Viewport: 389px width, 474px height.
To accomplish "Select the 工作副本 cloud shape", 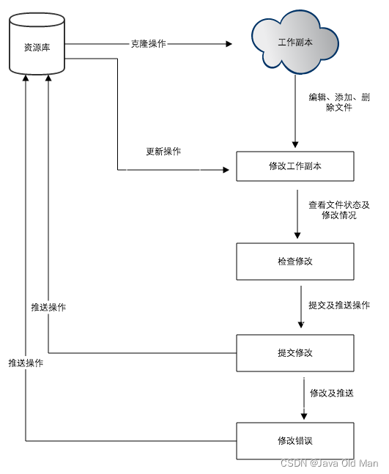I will tap(295, 45).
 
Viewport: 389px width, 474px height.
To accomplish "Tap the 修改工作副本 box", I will tap(295, 166).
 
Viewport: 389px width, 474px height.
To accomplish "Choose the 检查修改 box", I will tap(295, 262).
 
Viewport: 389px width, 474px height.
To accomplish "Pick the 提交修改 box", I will tap(295, 352).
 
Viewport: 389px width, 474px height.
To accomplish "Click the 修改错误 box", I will tap(295, 440).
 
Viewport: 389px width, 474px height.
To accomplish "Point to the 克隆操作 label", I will tap(148, 44).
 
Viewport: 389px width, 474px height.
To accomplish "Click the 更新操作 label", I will tap(163, 152).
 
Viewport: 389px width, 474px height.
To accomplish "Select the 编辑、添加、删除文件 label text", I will tap(338, 103).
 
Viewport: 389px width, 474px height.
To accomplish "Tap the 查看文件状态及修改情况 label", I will tap(338, 210).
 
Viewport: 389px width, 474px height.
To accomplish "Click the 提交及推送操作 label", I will tap(338, 305).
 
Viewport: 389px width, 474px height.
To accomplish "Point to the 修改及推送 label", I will tap(331, 393).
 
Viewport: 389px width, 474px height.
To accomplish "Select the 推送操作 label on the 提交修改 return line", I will tap(48, 308).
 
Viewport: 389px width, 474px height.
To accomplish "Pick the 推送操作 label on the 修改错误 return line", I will tap(26, 363).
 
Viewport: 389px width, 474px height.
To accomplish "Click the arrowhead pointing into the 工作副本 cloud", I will tap(229, 44).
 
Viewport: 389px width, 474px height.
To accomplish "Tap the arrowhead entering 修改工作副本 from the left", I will tap(226, 170).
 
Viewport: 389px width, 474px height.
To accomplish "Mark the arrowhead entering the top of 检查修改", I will tap(297, 236).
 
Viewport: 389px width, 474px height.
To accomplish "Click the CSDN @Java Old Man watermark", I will tap(330, 463).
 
